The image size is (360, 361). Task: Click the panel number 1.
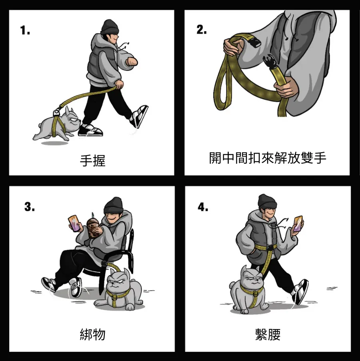click(x=25, y=30)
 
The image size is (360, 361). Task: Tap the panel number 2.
click(x=202, y=30)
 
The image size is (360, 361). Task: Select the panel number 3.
click(x=30, y=207)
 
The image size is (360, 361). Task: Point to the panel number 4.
click(x=203, y=207)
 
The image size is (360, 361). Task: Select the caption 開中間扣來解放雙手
click(x=268, y=158)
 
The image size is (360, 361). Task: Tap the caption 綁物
click(x=92, y=335)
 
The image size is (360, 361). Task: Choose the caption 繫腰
click(x=268, y=335)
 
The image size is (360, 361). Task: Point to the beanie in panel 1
click(x=110, y=27)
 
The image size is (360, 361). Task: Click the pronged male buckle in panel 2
click(x=270, y=61)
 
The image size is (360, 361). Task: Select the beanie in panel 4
click(x=267, y=201)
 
